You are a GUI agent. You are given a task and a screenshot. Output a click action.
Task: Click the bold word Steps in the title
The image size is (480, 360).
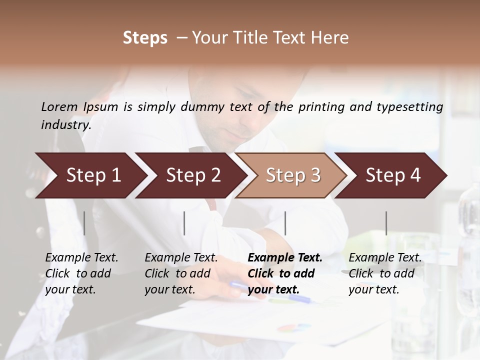pyautogui.click(x=145, y=38)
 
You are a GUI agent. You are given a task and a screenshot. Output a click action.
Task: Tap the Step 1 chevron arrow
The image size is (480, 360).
pyautogui.click(x=90, y=175)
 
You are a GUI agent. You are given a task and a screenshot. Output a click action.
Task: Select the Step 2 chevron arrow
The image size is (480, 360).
pyautogui.click(x=190, y=175)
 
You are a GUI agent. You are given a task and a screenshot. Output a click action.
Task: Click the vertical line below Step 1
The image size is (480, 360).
pyautogui.click(x=84, y=223)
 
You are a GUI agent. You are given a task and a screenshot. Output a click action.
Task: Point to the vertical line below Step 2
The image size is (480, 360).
pyautogui.click(x=184, y=223)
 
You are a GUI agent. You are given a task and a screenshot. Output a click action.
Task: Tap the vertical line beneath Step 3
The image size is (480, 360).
pyautogui.click(x=285, y=223)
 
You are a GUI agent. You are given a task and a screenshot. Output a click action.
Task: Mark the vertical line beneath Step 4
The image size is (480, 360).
pyautogui.click(x=386, y=223)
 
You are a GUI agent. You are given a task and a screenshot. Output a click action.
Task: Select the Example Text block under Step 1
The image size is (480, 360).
pyautogui.click(x=81, y=273)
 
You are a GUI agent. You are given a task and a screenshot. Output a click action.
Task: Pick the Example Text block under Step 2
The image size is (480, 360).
pyautogui.click(x=181, y=273)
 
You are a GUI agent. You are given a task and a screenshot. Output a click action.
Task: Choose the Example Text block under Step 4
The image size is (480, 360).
pyautogui.click(x=385, y=273)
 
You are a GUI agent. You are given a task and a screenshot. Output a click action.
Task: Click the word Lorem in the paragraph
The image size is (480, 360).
pyautogui.click(x=59, y=106)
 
